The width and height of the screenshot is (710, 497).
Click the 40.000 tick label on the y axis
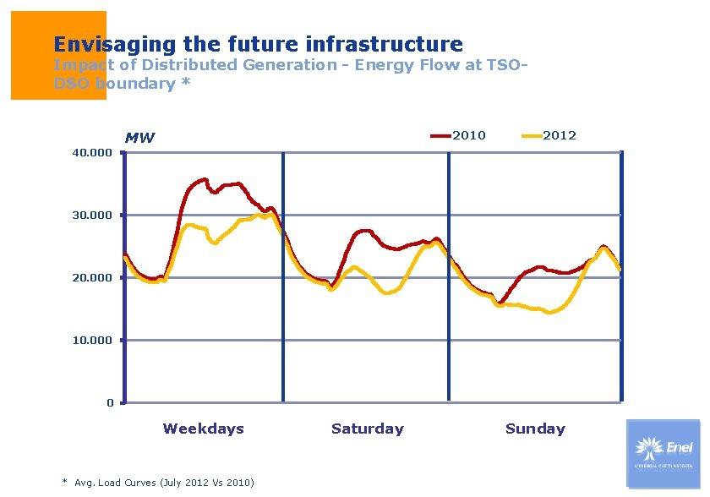tap(92, 153)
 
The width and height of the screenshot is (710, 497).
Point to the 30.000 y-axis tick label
tap(92, 216)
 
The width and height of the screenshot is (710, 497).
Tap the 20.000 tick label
tap(92, 278)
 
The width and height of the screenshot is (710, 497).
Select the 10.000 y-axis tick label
tap(92, 341)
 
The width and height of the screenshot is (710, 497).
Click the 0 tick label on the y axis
tap(110, 403)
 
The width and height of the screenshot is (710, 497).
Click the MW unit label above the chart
tap(139, 138)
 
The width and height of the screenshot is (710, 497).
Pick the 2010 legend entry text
tap(469, 135)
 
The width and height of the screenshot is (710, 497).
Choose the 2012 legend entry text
tap(560, 135)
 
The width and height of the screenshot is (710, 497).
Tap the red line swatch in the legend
tap(441, 135)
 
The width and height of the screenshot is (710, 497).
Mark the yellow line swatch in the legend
tap(532, 135)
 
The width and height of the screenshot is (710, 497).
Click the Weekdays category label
tap(203, 429)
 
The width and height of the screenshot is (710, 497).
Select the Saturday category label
tap(368, 429)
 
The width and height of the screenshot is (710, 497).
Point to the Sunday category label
tap(535, 429)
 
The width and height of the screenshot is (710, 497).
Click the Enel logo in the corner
tap(664, 453)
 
